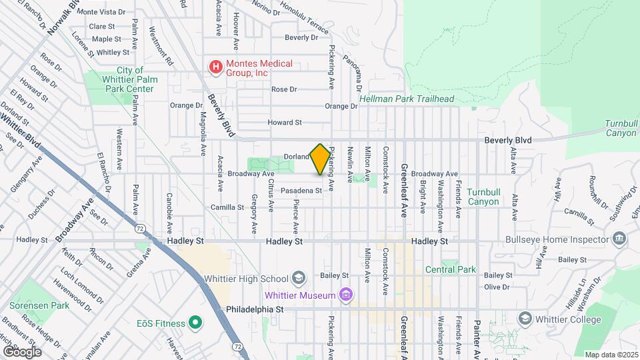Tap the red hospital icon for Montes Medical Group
215,67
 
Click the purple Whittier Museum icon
345,294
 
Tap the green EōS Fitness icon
195,324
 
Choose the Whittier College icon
525,318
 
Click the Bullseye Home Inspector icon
619,239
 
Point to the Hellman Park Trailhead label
407,99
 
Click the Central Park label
451,270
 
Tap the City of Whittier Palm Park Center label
130,79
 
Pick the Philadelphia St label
255,310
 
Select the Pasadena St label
301,191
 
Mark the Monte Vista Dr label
102,12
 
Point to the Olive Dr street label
497,287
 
